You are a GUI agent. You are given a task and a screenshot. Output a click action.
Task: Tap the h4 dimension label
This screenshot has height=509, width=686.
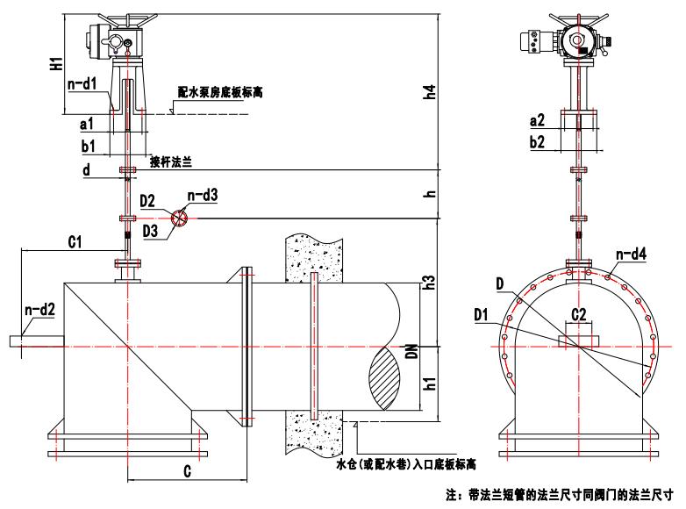point(429,91)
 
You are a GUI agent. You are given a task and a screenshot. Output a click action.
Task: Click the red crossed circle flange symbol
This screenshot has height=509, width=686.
point(180,218)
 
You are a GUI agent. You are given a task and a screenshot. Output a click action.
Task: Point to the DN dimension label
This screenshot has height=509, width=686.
point(429,352)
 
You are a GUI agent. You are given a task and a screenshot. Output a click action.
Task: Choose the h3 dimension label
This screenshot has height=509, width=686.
point(429,283)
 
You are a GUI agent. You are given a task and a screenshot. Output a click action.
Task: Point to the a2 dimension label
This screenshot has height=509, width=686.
point(540,119)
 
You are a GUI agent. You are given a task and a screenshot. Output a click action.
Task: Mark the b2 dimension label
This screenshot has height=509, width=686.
point(540,140)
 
